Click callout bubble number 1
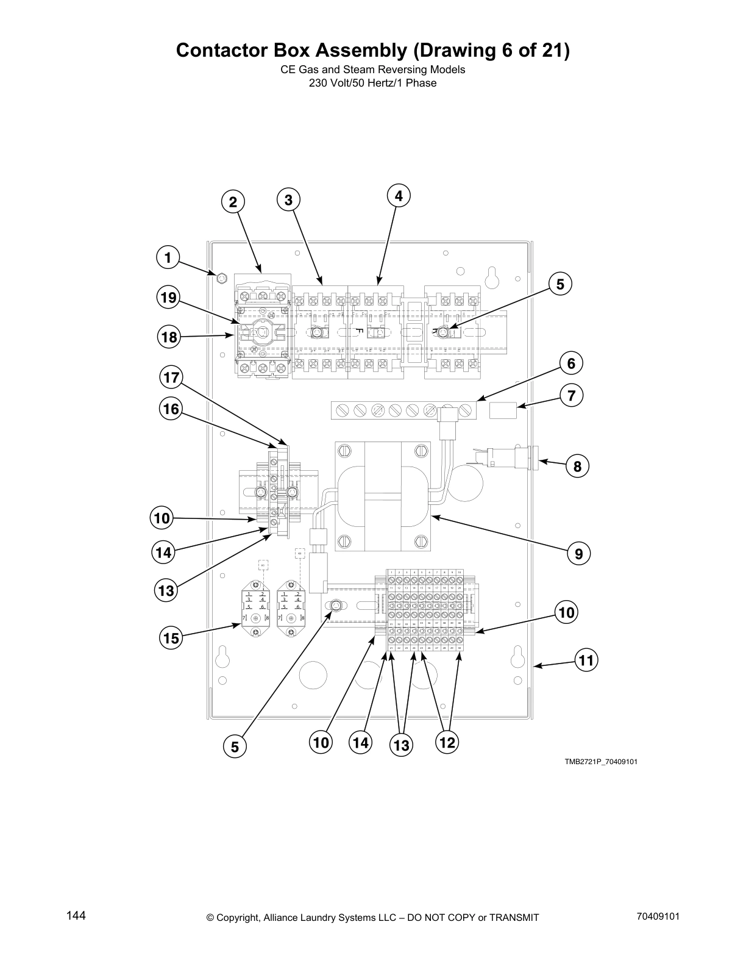coord(168,257)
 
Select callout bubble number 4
coord(399,196)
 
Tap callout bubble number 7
coord(571,395)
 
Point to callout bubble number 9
coord(578,554)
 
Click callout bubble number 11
coord(586,660)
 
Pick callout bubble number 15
coord(171,638)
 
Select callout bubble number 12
coord(447,742)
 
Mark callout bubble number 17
coord(172,377)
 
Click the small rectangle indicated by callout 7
coord(503,410)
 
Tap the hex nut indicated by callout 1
coord(222,279)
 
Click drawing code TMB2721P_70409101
coord(600,762)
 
